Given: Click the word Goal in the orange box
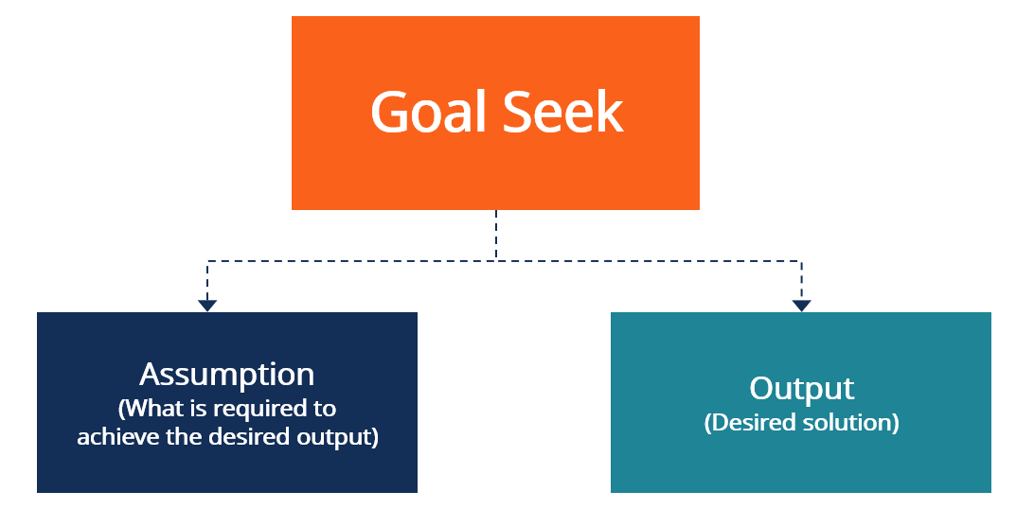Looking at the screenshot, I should point(428,113).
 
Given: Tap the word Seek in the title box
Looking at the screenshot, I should point(563,113).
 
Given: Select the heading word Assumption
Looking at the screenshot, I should point(227,374).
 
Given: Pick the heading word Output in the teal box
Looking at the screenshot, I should point(801,388).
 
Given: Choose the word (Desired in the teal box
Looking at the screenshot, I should point(743,422).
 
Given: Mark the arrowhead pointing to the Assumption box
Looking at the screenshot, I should point(207,306).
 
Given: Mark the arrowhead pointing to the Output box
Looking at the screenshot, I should point(801,306).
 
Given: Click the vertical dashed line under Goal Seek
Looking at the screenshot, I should point(496,235).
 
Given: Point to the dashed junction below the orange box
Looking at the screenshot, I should point(496,261).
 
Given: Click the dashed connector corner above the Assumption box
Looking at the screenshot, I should point(207,261).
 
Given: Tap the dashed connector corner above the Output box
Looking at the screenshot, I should point(801,261).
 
